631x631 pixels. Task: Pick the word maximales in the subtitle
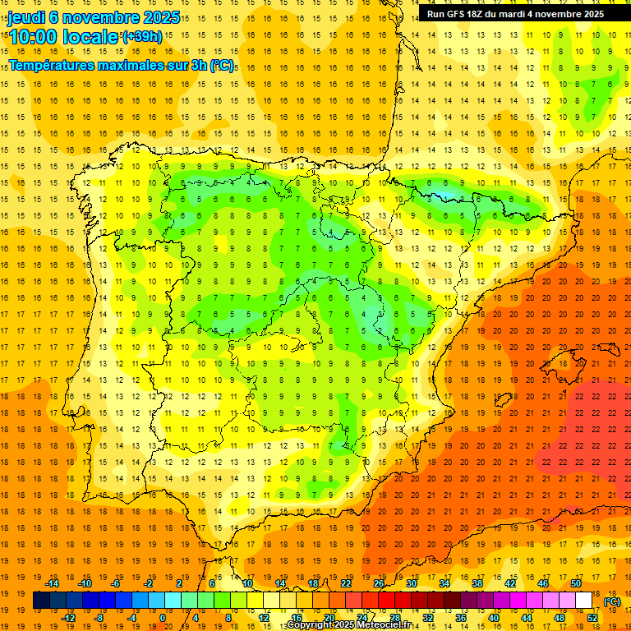click(127, 65)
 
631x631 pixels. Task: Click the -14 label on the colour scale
click(53, 583)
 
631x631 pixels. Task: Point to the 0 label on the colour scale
click(163, 618)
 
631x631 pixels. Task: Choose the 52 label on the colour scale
click(592, 618)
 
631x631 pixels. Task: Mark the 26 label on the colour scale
click(379, 583)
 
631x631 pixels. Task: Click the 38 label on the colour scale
click(477, 583)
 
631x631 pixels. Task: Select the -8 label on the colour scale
click(98, 618)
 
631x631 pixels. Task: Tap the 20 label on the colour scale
click(329, 618)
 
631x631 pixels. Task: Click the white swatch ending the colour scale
click(584, 601)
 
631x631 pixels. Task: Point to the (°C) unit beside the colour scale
click(612, 601)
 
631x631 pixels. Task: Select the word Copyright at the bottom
click(310, 625)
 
